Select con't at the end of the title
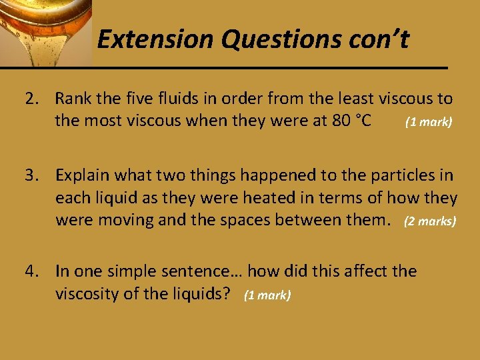coord(377,41)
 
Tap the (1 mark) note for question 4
coord(267,295)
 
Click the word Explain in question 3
coord(82,176)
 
